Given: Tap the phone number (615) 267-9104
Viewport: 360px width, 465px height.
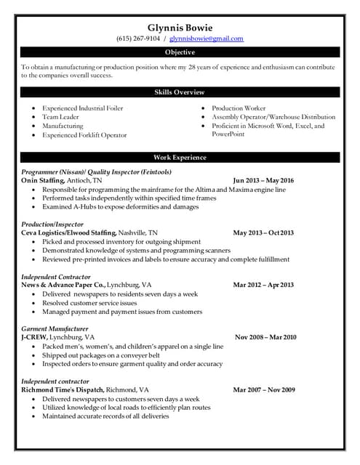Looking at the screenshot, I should click(138, 39).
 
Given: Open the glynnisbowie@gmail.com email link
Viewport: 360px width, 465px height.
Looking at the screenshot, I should click(207, 39).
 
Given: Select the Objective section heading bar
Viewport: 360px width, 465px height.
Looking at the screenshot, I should click(180, 52).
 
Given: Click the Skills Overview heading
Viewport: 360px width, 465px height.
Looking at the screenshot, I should click(180, 92).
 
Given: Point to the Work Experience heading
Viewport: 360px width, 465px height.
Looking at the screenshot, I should click(180, 158).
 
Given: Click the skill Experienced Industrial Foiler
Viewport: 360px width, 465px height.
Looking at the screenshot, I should click(82, 108).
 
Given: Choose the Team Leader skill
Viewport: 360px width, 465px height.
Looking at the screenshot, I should click(61, 117).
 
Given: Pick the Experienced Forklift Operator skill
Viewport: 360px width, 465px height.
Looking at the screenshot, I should click(84, 135).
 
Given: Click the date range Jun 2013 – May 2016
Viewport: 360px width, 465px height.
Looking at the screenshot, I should click(263, 179).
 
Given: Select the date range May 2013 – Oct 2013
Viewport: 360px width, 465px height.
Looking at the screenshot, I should click(263, 232).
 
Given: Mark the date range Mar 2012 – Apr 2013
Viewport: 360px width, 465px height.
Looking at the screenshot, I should click(263, 286).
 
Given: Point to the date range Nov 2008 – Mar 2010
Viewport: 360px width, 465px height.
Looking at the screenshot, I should click(265, 338).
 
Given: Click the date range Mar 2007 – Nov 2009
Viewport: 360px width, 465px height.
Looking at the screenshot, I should click(263, 390).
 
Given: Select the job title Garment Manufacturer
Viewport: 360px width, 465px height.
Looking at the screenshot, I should click(55, 329).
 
